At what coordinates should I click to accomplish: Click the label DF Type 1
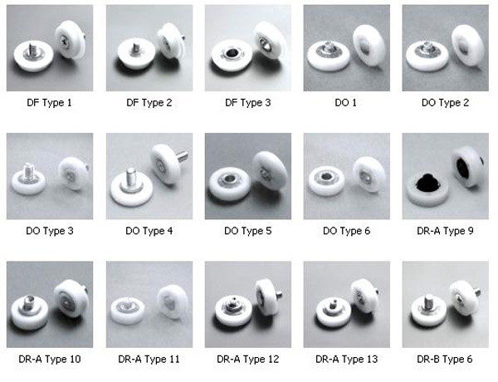pos(49,103)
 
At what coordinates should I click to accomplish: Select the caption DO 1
pos(346,103)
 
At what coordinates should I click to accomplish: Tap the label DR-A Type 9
pos(445,231)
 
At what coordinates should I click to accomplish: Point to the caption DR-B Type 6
pos(445,359)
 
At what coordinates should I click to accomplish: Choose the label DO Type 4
pos(149,231)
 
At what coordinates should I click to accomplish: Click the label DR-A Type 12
pos(247,359)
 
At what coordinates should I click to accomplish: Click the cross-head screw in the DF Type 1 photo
pos(64,39)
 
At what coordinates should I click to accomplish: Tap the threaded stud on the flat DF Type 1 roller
pos(32,50)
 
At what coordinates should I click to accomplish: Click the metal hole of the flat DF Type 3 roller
pos(230,53)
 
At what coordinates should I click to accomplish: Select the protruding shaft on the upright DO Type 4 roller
pos(182,156)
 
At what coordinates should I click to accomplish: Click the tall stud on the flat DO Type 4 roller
pos(130,179)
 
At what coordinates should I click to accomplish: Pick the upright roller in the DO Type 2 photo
pos(467,46)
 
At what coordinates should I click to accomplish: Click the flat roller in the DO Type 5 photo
pos(229,186)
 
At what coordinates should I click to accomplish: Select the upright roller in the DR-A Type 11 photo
pos(173,302)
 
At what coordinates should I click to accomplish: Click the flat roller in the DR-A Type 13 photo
pos(334,311)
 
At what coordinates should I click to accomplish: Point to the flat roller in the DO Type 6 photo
pos(326,181)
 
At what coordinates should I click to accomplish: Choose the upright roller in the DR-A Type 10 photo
pos(71,298)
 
